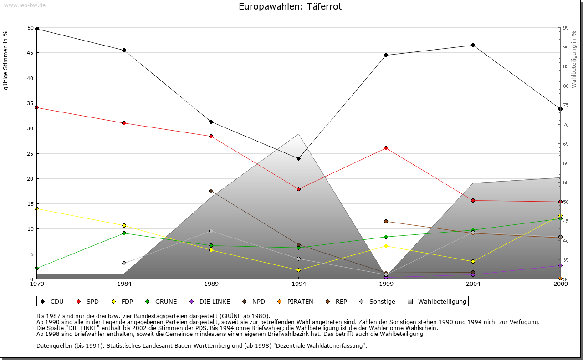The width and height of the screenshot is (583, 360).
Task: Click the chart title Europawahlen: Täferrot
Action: point(290,6)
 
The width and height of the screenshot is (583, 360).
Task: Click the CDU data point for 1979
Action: point(36,29)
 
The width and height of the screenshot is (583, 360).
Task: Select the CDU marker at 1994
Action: point(298,158)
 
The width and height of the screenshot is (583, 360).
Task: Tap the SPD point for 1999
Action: point(386,148)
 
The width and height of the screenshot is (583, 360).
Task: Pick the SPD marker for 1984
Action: point(124,123)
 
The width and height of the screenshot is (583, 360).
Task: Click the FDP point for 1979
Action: point(36,208)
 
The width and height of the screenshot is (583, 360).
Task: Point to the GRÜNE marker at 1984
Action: point(124,233)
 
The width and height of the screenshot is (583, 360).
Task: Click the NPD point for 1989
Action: point(211,191)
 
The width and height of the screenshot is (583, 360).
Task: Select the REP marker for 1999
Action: point(386,221)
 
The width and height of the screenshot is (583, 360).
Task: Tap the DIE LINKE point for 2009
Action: point(560,265)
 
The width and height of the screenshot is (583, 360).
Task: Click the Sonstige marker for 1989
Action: point(211,231)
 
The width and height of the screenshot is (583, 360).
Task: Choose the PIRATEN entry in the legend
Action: point(296,301)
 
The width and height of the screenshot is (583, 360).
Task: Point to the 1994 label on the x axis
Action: point(298,284)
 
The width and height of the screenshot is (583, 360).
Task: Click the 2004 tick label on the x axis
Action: point(473,284)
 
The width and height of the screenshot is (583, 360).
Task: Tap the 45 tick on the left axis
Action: point(31,53)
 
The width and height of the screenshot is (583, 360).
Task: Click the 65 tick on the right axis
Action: point(566,144)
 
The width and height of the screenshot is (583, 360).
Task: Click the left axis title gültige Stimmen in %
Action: point(6,60)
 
